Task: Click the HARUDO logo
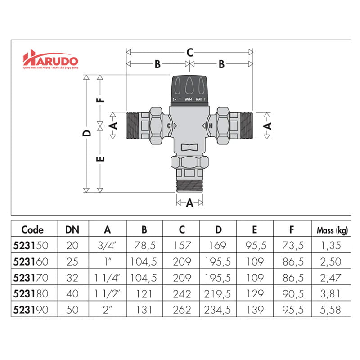[x=51, y=60]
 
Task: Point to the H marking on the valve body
[x=210, y=126]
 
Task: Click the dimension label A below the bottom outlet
[x=189, y=203]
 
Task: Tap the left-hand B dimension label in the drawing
[x=157, y=64]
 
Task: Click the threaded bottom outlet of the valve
[x=189, y=185]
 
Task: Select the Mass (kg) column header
[x=332, y=230]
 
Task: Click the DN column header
[x=73, y=230]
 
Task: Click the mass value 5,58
[x=332, y=310]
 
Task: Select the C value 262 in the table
[x=181, y=310]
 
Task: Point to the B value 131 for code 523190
[x=144, y=310]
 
